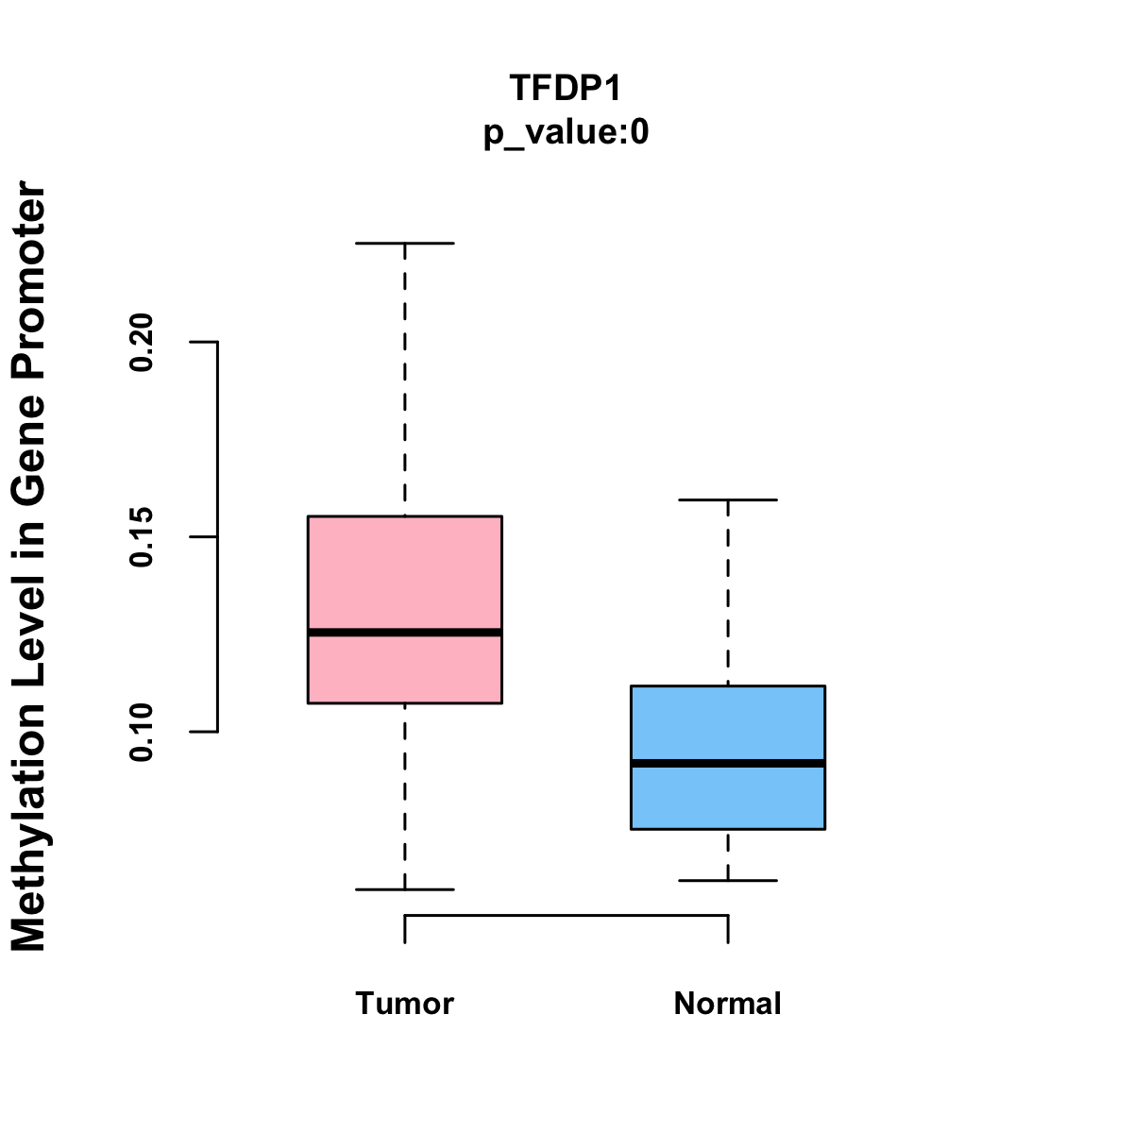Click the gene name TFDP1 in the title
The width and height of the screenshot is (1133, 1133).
(566, 88)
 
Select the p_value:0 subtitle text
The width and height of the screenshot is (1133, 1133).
(566, 133)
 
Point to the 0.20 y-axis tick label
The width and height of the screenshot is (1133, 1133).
(142, 342)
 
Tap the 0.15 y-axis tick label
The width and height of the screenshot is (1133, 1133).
(142, 536)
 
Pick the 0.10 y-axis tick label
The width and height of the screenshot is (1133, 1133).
(142, 732)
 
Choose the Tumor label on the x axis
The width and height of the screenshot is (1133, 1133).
(404, 1003)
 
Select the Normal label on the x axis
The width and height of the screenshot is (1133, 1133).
(727, 1003)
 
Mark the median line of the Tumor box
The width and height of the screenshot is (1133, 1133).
(404, 632)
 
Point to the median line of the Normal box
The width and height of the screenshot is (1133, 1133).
(727, 763)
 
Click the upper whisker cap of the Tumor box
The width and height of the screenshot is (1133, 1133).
(404, 243)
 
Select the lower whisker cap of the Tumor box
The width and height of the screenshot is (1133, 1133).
(404, 889)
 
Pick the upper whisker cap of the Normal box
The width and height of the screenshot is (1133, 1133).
(727, 499)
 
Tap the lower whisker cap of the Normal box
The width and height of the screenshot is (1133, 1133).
(727, 880)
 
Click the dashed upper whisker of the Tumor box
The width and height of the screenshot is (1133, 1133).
(404, 378)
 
